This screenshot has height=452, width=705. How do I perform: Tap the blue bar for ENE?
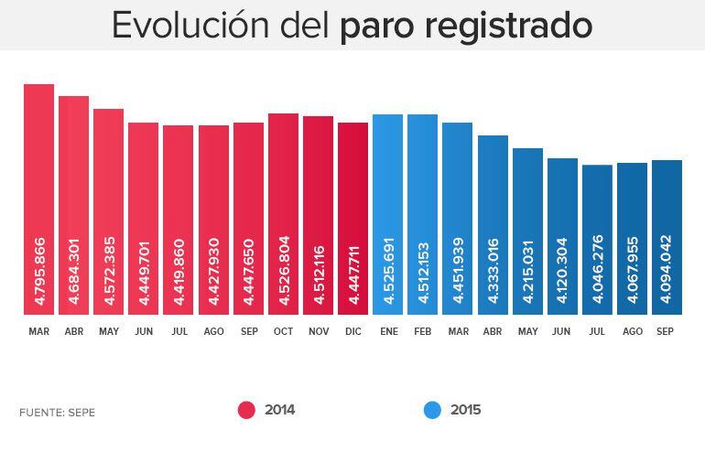tap(387, 215)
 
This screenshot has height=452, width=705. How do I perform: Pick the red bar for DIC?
tap(352, 219)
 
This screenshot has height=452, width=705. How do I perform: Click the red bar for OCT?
tap(283, 214)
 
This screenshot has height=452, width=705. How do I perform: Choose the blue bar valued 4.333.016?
tap(493, 225)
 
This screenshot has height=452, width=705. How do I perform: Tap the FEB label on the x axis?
tap(422, 331)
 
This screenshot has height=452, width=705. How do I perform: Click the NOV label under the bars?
tap(318, 331)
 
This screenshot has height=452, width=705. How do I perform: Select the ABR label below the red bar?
tap(73, 331)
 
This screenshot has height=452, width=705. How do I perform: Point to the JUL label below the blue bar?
tap(597, 331)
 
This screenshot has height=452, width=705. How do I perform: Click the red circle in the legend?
tap(246, 410)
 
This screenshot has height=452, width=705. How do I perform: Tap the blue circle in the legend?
tap(432, 410)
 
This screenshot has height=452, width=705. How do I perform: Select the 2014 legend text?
tap(279, 410)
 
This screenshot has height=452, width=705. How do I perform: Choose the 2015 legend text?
tap(465, 410)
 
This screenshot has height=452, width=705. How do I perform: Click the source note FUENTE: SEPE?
tap(57, 413)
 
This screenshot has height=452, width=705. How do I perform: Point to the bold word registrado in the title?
tap(508, 26)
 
